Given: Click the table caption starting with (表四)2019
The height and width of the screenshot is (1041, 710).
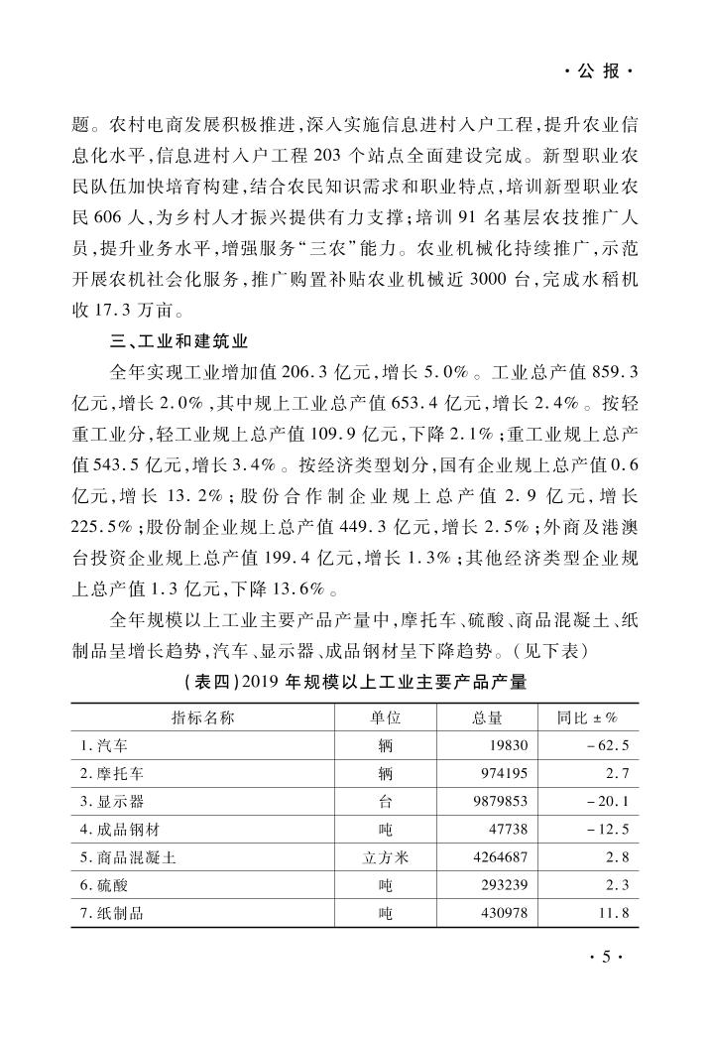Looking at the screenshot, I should (355, 682).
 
